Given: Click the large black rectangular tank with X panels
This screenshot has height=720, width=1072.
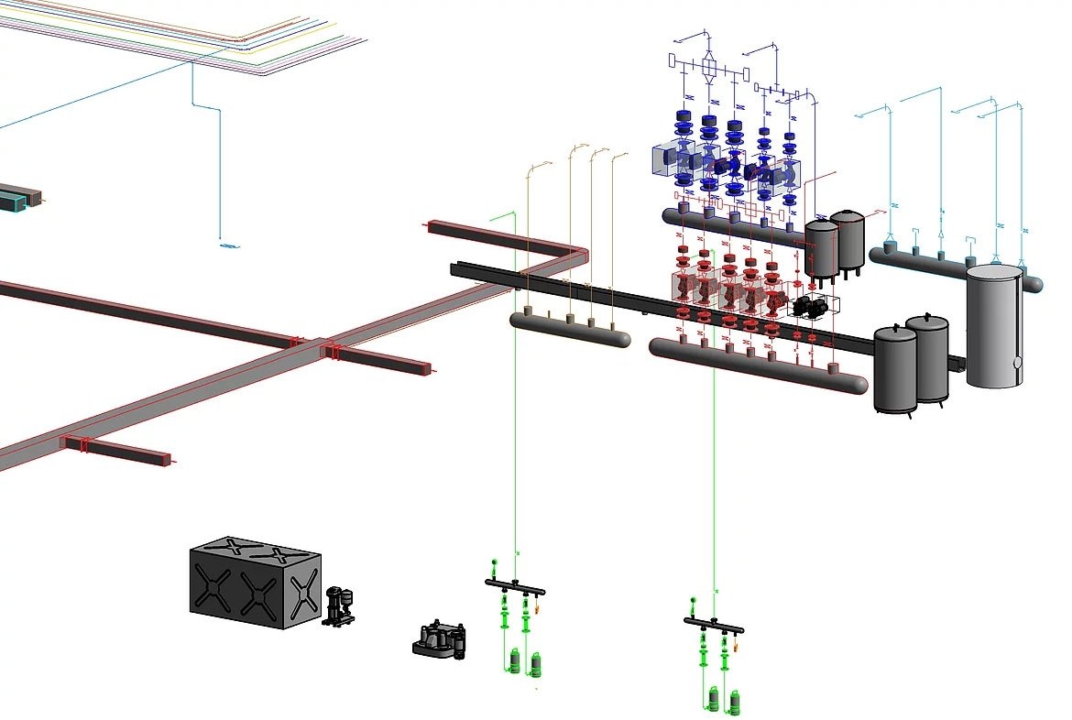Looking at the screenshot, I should (x=255, y=586).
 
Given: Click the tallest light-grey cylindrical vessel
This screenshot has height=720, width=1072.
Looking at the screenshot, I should (x=995, y=325).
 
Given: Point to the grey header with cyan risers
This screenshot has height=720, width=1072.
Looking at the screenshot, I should (x=953, y=268).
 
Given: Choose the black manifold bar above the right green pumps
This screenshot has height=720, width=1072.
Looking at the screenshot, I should (x=714, y=625).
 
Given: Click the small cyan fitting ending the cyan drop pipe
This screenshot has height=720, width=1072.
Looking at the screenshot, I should (x=227, y=245).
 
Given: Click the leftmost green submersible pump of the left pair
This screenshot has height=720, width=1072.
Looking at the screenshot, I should (x=515, y=660).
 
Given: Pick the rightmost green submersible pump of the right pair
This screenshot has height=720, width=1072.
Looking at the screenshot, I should (x=734, y=702).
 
